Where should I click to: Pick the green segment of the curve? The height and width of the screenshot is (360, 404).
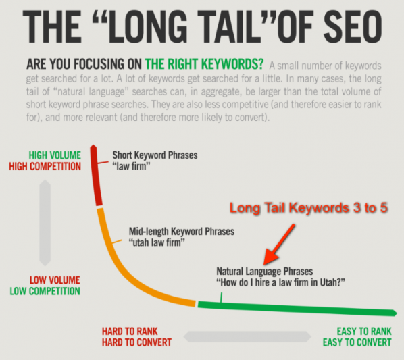click(x=297, y=307)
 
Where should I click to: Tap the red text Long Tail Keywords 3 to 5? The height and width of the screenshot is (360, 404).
click(x=309, y=209)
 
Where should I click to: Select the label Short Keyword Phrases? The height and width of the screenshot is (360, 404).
click(x=155, y=155)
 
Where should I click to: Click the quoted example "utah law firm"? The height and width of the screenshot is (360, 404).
click(x=157, y=242)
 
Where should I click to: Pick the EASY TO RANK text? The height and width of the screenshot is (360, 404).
click(x=363, y=332)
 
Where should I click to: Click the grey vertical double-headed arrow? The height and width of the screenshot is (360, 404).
click(x=45, y=223)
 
